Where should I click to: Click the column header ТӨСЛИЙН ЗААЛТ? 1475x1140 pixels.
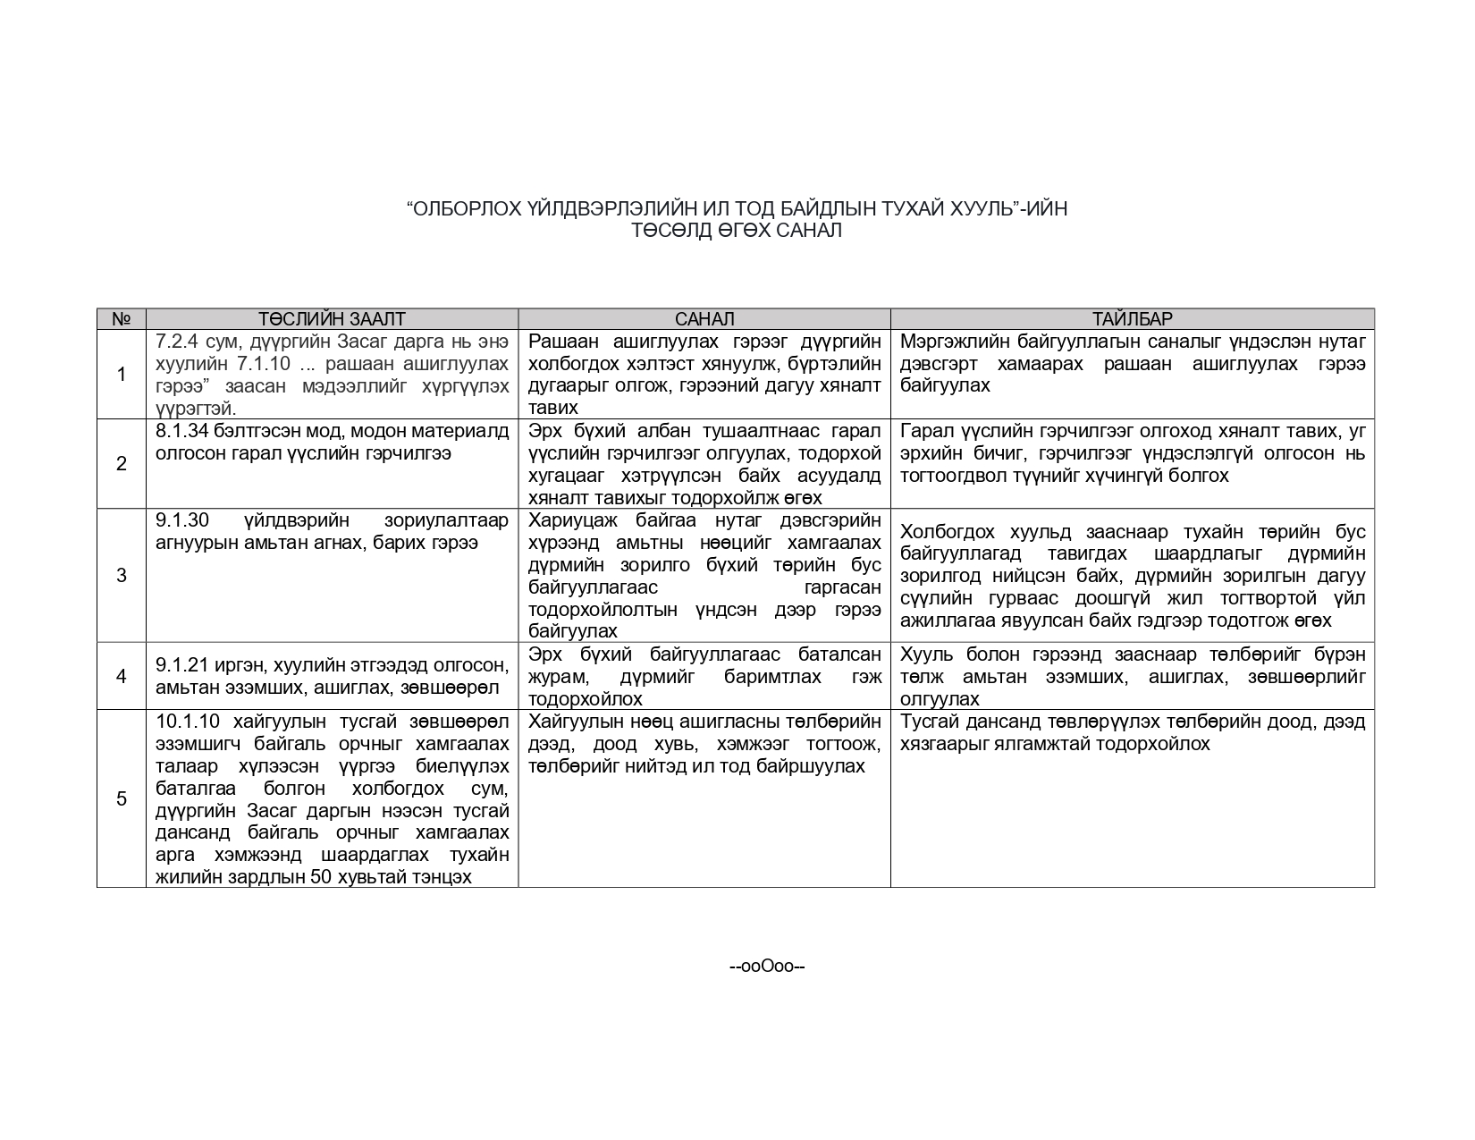click(332, 319)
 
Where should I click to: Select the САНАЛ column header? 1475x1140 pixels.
click(704, 319)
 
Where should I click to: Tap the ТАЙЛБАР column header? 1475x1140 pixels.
click(1132, 319)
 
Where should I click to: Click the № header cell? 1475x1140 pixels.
click(122, 319)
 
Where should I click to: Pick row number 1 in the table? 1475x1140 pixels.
click(122, 375)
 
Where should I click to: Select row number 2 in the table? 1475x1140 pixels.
click(122, 464)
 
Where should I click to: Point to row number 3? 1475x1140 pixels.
click(122, 575)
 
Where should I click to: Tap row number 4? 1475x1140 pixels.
click(122, 676)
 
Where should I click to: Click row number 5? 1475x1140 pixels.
click(122, 798)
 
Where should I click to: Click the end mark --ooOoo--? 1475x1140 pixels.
click(768, 966)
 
